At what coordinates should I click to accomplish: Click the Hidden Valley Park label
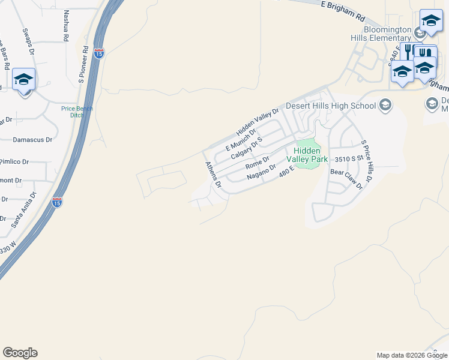click(x=307, y=155)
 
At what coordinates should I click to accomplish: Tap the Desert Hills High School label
click(x=330, y=106)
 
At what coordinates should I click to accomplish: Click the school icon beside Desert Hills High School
click(x=385, y=106)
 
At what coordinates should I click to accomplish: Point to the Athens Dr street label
click(x=213, y=175)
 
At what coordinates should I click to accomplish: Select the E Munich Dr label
click(x=241, y=139)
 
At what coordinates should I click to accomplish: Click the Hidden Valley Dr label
click(x=258, y=121)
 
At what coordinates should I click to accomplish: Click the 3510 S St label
click(x=349, y=159)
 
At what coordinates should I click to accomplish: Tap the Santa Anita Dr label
click(x=23, y=209)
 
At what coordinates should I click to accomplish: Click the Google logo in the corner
click(x=20, y=353)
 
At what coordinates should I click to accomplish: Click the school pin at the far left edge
click(x=24, y=80)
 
